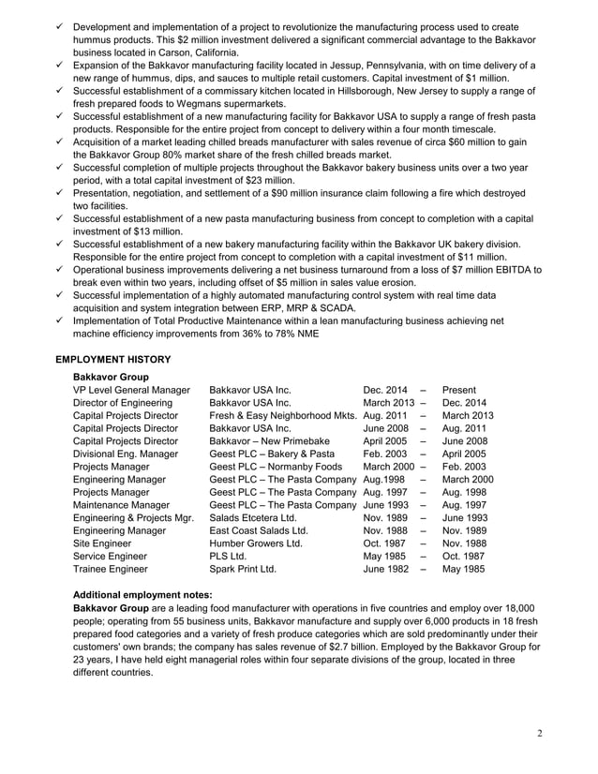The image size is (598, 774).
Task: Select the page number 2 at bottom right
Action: [541, 732]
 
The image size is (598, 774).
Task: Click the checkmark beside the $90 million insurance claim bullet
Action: [60, 193]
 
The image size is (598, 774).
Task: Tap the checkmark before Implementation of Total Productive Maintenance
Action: [60, 320]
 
